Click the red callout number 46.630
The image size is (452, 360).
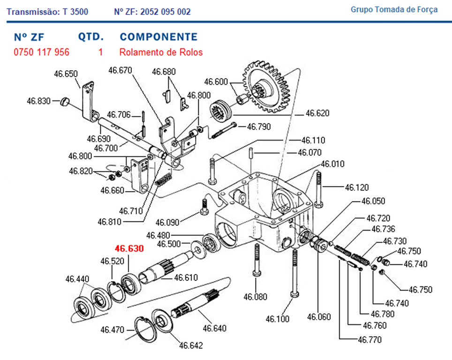[x=129, y=248]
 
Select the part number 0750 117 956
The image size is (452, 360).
[x=42, y=52]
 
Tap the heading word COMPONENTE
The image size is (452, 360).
[x=158, y=37]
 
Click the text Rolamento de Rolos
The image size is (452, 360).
[x=161, y=52]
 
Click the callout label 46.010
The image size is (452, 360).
[x=332, y=164]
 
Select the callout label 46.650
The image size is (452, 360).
[x=66, y=74]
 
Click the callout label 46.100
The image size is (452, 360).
[x=278, y=319]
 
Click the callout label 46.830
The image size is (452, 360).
[x=38, y=100]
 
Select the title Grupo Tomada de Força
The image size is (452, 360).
[x=394, y=9]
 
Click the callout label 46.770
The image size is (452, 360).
[x=369, y=339]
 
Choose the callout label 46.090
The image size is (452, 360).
[x=167, y=222]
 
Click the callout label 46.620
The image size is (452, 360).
[x=317, y=113]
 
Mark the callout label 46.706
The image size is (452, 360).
[x=119, y=114]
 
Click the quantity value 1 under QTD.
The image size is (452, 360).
[x=101, y=52]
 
